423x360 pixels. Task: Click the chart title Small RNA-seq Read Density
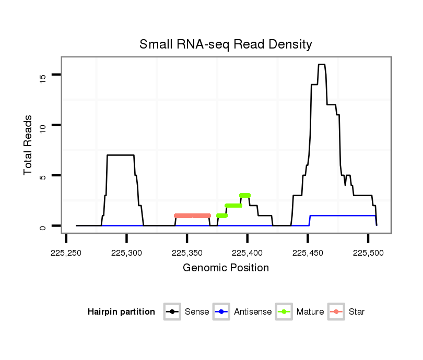(x=226, y=44)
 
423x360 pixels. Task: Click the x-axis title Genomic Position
(x=226, y=268)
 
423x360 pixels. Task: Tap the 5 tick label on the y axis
(x=43, y=177)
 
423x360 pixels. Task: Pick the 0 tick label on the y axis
(x=43, y=227)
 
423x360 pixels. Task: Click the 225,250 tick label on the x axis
(x=66, y=252)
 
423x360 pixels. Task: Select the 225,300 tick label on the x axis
(x=127, y=252)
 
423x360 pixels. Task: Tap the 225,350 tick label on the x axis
(x=187, y=252)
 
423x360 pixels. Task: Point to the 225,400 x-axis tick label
(x=248, y=252)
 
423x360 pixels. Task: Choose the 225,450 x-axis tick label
(x=308, y=252)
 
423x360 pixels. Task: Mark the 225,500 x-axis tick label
(x=368, y=252)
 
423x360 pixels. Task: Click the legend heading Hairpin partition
(x=121, y=312)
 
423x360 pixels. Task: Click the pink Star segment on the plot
(x=192, y=215)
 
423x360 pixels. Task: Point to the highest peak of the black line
(x=322, y=65)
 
